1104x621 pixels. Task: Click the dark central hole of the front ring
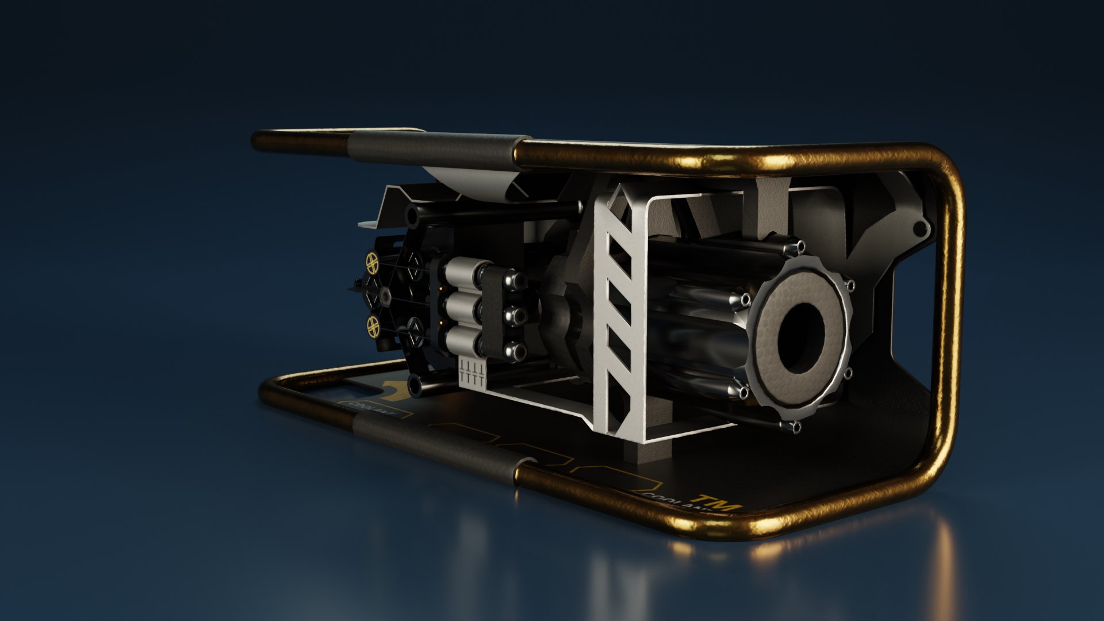pos(800,336)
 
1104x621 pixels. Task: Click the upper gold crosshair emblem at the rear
pos(373,263)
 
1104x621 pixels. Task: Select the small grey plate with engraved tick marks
pos(473,373)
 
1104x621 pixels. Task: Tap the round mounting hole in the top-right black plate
pos(919,229)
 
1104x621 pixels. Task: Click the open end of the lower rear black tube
pos(414,384)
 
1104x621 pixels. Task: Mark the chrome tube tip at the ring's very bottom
pos(794,427)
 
